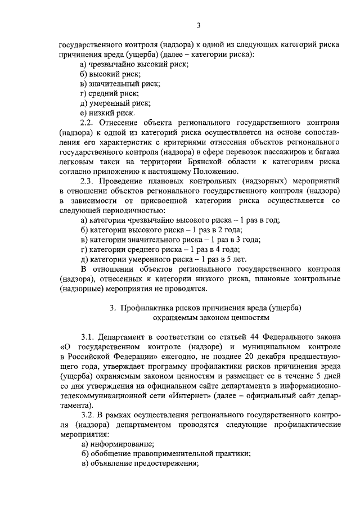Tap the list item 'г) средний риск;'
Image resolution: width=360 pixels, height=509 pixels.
point(109,93)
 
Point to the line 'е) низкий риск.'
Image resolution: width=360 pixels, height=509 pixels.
point(107,112)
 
